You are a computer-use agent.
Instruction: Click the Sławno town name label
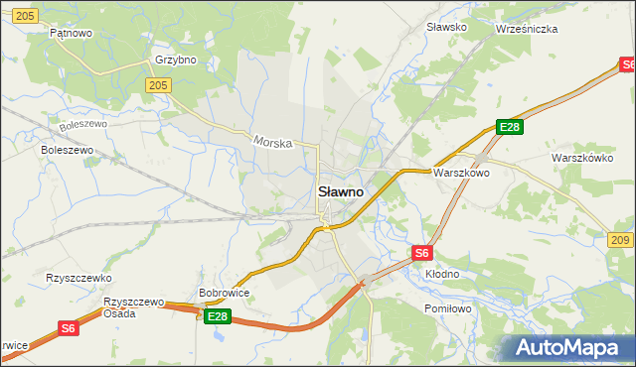[340, 190]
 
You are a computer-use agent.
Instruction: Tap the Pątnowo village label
[71, 33]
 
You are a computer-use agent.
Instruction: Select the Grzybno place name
[176, 60]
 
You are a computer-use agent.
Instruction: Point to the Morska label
[271, 142]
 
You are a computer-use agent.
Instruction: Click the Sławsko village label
[446, 27]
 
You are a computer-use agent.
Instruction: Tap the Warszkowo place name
[460, 172]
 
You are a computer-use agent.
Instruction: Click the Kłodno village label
[442, 273]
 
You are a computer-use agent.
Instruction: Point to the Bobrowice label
[224, 294]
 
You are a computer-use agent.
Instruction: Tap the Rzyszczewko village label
[79, 279]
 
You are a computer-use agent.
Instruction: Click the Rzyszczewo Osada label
[133, 306]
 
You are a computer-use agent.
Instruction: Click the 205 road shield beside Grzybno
[157, 86]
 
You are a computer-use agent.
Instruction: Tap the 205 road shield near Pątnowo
[27, 15]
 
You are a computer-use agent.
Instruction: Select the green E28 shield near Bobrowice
[218, 316]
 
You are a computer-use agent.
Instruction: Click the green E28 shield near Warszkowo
[510, 127]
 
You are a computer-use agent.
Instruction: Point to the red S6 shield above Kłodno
[422, 253]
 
